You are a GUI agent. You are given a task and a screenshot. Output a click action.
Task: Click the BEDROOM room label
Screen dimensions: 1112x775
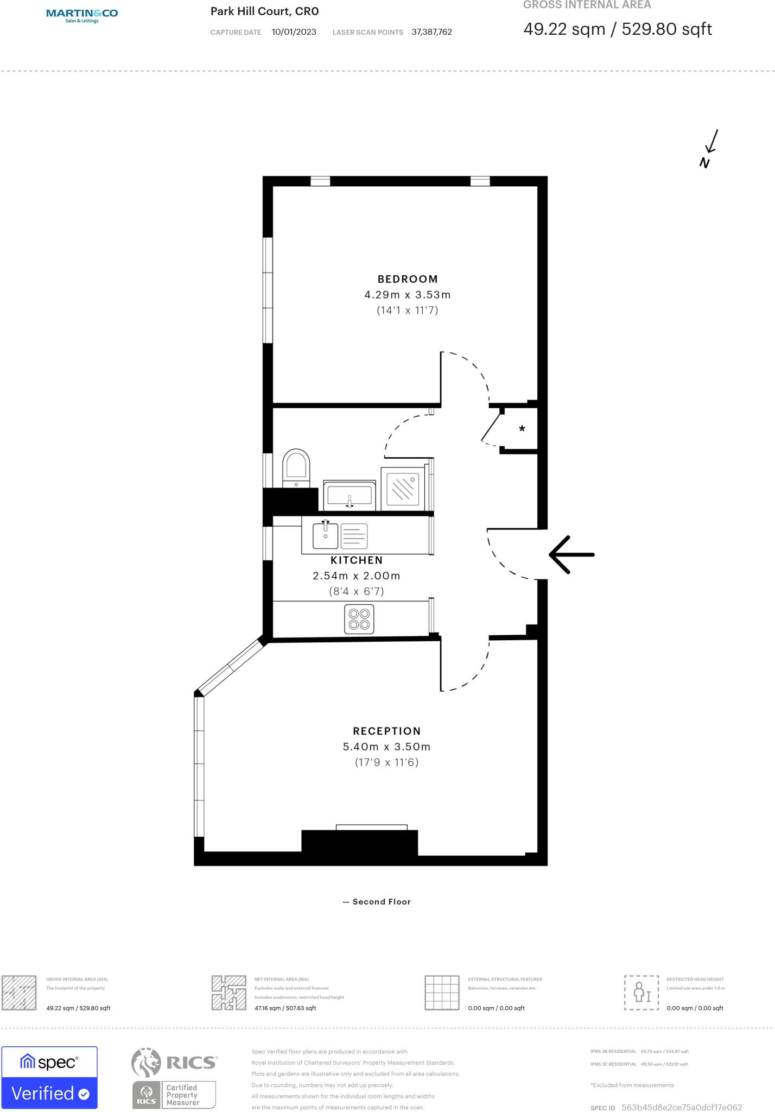[x=408, y=279]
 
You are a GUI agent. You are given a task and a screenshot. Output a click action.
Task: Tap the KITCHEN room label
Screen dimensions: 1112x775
[x=357, y=560]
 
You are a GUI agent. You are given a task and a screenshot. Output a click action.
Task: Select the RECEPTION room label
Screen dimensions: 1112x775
[x=386, y=731]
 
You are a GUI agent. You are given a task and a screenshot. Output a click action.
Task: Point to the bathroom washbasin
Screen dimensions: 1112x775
[x=349, y=495]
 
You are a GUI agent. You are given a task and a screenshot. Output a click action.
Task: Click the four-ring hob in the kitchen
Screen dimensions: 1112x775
[x=359, y=619]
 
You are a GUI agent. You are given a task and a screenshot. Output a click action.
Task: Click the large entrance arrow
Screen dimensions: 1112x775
[x=571, y=554]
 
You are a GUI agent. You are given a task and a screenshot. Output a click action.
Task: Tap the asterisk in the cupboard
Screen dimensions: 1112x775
[x=522, y=429]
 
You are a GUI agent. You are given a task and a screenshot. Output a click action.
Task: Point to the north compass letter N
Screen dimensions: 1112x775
[x=704, y=162]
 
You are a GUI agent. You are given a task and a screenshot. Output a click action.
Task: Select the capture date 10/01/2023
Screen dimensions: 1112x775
[x=294, y=32]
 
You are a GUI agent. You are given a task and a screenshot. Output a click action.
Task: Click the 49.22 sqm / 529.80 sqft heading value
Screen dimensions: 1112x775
[x=617, y=29]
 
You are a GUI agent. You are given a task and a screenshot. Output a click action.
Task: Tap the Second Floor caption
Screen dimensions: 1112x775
[x=381, y=901]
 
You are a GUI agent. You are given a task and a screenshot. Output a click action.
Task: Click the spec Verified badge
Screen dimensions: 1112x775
[x=49, y=1077]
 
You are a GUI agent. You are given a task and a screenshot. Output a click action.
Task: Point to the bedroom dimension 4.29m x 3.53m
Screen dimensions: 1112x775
[x=408, y=295]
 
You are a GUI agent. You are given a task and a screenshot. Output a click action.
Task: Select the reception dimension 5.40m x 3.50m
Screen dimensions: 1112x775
[x=386, y=747]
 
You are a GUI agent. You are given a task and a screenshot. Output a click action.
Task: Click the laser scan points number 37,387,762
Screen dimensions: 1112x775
[x=431, y=32]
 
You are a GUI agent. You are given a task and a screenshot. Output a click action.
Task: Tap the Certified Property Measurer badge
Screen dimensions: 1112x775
[x=174, y=1095]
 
